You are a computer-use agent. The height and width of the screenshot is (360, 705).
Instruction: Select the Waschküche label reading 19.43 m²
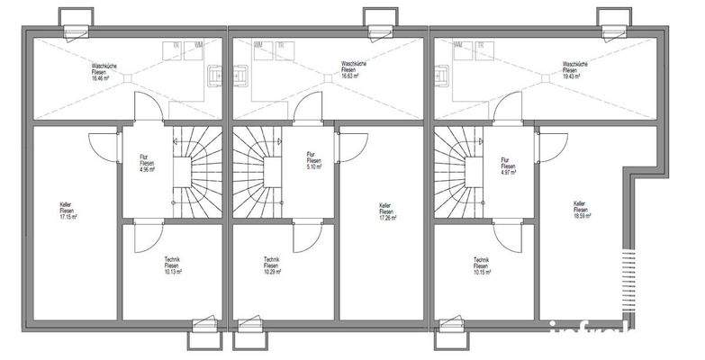(x=575, y=70)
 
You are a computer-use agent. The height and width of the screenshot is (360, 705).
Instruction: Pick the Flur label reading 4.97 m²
(x=508, y=166)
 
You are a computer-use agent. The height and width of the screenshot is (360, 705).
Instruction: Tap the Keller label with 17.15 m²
(x=68, y=211)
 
